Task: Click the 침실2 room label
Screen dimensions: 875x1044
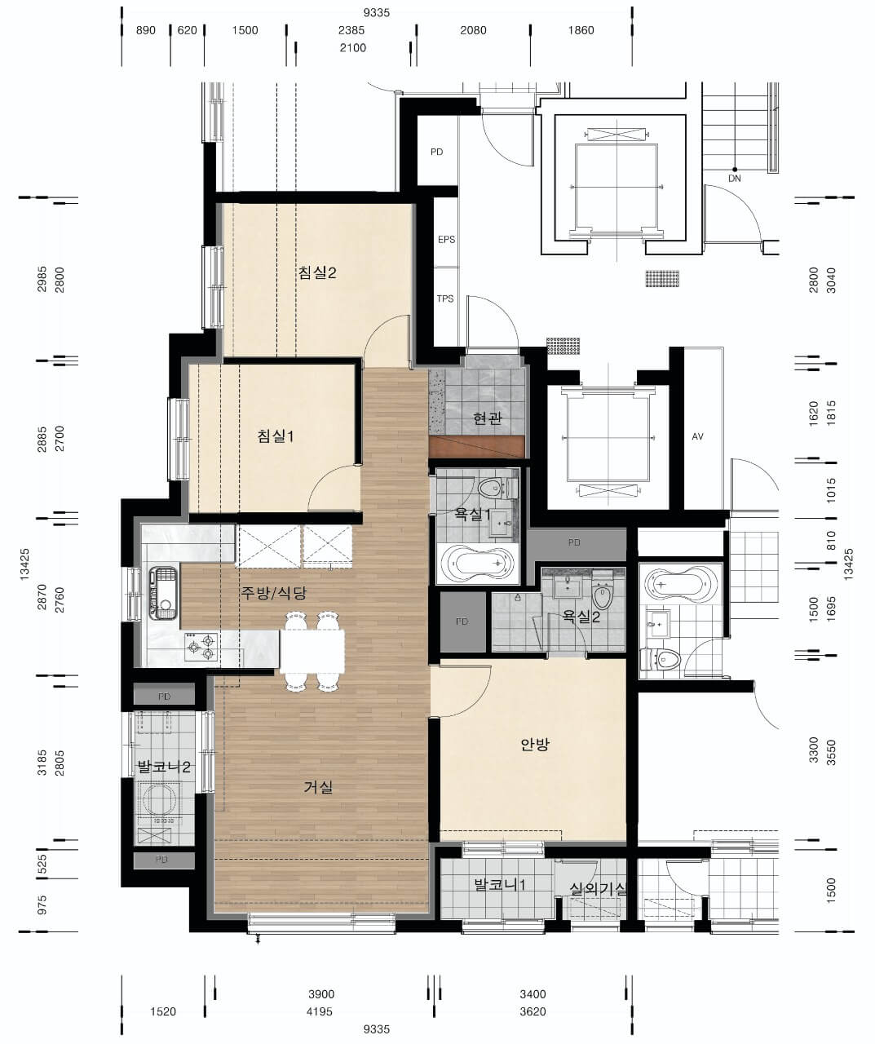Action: coord(317,272)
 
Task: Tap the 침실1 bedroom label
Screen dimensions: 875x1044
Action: coord(276,436)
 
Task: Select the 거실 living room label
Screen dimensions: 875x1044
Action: coord(318,788)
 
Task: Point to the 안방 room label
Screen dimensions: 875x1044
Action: coord(535,745)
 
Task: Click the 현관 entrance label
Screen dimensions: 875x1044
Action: coord(488,418)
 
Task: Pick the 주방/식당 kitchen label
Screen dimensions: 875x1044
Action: coord(273,593)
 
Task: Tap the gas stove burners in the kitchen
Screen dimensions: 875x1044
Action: coord(201,646)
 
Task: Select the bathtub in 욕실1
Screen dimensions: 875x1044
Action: coord(478,564)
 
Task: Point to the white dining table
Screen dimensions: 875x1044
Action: coord(312,651)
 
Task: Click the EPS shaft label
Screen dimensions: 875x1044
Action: coord(447,240)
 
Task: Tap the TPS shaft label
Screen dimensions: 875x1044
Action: coord(445,299)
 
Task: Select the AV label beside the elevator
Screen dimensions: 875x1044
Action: coord(697,436)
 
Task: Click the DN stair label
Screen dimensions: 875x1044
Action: coord(735,179)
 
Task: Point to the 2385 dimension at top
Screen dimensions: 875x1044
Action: coord(351,30)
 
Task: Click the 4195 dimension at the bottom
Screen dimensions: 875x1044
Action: coord(320,1011)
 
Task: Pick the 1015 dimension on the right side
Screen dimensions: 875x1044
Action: coord(831,490)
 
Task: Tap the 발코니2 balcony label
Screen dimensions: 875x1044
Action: coord(164,767)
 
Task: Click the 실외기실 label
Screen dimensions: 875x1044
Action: coord(598,888)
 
